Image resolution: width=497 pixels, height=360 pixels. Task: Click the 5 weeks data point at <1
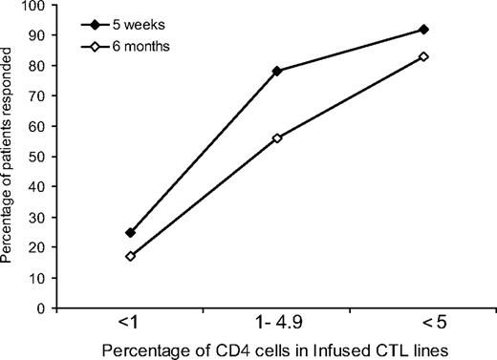[x=130, y=232]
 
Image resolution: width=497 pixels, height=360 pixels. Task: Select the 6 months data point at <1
[x=130, y=256]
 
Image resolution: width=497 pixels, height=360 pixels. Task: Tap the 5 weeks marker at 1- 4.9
[x=276, y=71]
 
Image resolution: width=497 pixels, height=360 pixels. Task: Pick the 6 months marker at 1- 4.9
[x=276, y=138]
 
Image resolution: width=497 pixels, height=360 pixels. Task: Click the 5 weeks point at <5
[x=423, y=29]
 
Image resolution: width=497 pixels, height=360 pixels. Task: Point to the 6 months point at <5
[x=423, y=56]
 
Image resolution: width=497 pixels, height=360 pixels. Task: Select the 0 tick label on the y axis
[x=42, y=308]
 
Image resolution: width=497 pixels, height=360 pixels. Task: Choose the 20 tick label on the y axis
[x=38, y=247]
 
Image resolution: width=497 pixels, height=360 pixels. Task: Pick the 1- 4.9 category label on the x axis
[x=276, y=325]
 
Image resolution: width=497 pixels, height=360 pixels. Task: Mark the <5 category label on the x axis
[x=423, y=325]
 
